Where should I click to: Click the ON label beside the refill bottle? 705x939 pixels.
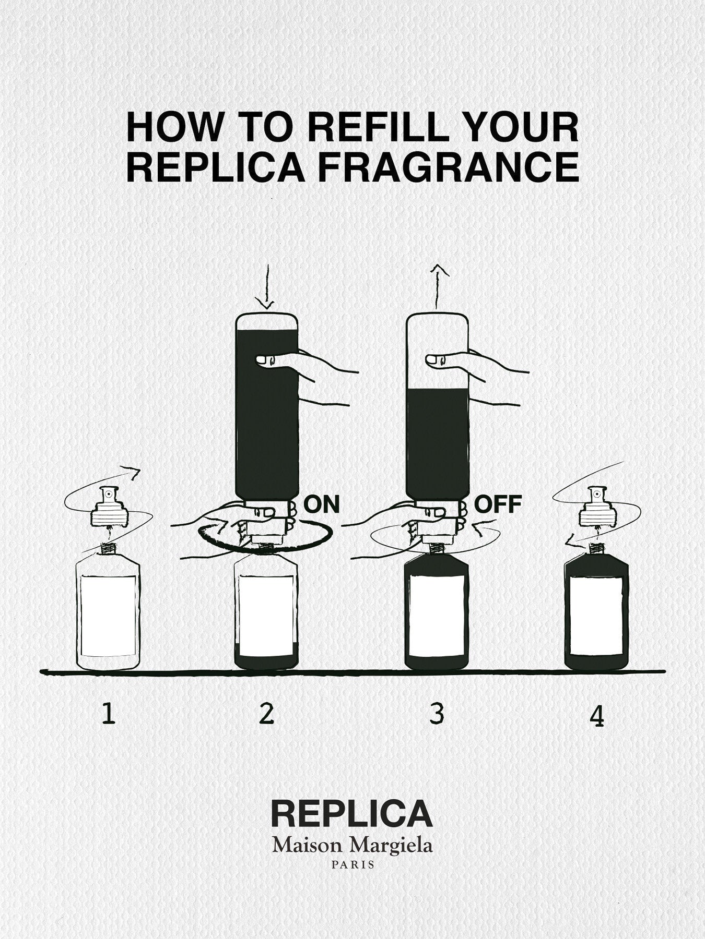[322, 504]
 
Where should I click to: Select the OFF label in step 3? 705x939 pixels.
[498, 504]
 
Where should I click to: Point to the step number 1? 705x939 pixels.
[108, 714]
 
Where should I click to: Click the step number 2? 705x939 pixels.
[266, 714]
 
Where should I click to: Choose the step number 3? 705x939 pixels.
[437, 714]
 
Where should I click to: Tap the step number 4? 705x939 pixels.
[596, 717]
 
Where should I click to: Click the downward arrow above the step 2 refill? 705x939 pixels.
[266, 287]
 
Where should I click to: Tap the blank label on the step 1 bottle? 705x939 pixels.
[109, 616]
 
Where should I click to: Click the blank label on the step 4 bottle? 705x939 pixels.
[596, 616]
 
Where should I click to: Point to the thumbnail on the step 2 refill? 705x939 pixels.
[267, 359]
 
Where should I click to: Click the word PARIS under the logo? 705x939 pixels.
[352, 864]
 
